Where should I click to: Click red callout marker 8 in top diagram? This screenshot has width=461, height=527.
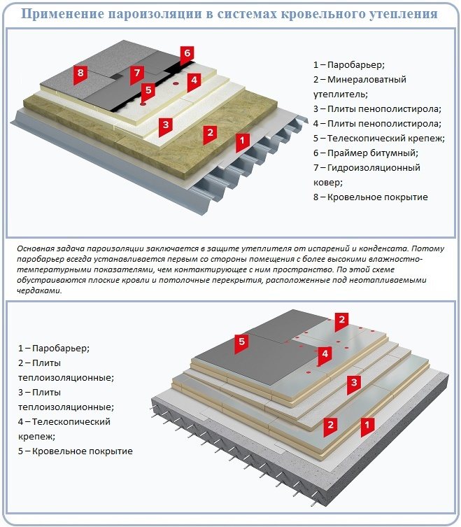click(81, 73)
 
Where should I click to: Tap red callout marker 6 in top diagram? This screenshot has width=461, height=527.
click(186, 53)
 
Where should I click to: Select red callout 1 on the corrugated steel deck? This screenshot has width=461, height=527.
click(241, 141)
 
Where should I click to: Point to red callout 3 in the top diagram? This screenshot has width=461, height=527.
click(165, 125)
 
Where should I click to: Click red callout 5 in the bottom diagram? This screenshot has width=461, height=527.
click(242, 342)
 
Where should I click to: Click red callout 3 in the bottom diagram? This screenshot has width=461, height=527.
click(354, 382)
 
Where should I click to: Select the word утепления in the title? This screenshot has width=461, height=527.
click(401, 13)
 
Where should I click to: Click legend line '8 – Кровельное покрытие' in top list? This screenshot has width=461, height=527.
click(370, 197)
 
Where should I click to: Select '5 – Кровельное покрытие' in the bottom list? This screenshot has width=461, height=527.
click(76, 451)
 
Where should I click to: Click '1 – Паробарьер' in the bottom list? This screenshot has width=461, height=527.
click(54, 348)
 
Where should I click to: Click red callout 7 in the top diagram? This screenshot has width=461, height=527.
click(137, 73)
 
